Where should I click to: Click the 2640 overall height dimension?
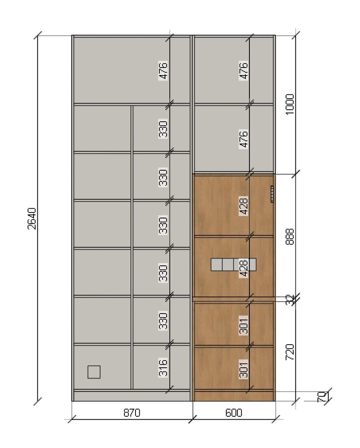click(x=32, y=219)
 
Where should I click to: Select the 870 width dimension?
click(x=132, y=413)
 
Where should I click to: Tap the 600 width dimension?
click(x=234, y=413)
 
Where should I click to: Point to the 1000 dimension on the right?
click(x=290, y=104)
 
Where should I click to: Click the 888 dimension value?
click(x=290, y=237)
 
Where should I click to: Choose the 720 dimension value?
click(x=290, y=352)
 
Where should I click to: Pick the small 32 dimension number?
click(x=290, y=300)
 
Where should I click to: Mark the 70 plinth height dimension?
click(x=322, y=397)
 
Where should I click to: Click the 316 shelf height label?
click(x=163, y=367)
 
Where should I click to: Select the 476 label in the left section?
click(x=163, y=70)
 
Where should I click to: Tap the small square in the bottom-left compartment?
click(x=94, y=372)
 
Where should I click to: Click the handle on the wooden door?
click(x=272, y=194)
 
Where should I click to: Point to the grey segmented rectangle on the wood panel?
click(x=233, y=264)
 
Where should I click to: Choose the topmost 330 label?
click(x=163, y=128)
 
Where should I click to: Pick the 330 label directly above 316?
click(x=163, y=320)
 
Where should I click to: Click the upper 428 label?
click(x=243, y=206)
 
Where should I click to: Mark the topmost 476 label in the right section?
click(x=243, y=71)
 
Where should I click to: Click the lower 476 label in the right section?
click(x=243, y=139)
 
